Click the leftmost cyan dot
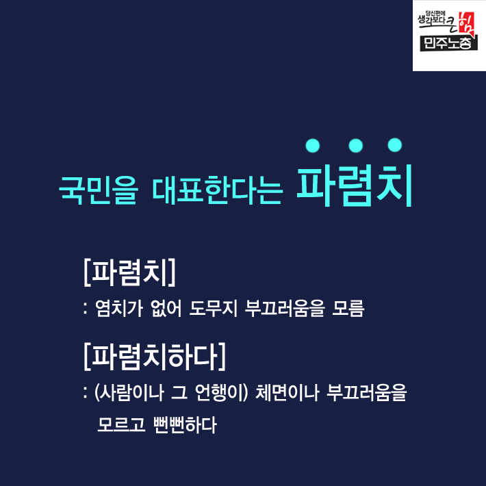312,145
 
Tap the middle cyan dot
355,145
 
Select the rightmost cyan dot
394,144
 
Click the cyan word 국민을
98,190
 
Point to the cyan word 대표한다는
217,190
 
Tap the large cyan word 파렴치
355,186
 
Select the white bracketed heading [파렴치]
129,272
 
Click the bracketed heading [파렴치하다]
155,356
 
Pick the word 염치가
119,308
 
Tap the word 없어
166,308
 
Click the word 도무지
214,308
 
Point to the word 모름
348,308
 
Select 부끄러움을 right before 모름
285,308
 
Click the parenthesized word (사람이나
129,392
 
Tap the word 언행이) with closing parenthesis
221,392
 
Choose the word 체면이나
287,392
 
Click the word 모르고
121,424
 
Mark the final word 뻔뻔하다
185,424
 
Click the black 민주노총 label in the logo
448,43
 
